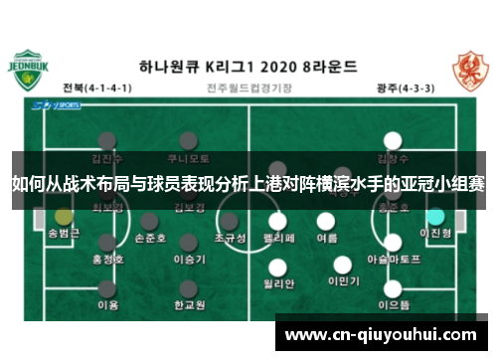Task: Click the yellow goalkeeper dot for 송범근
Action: [64, 216]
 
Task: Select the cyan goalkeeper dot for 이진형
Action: [435, 216]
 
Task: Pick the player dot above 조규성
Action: [230, 221]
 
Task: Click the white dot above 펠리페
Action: [279, 221]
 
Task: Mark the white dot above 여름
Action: [327, 221]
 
